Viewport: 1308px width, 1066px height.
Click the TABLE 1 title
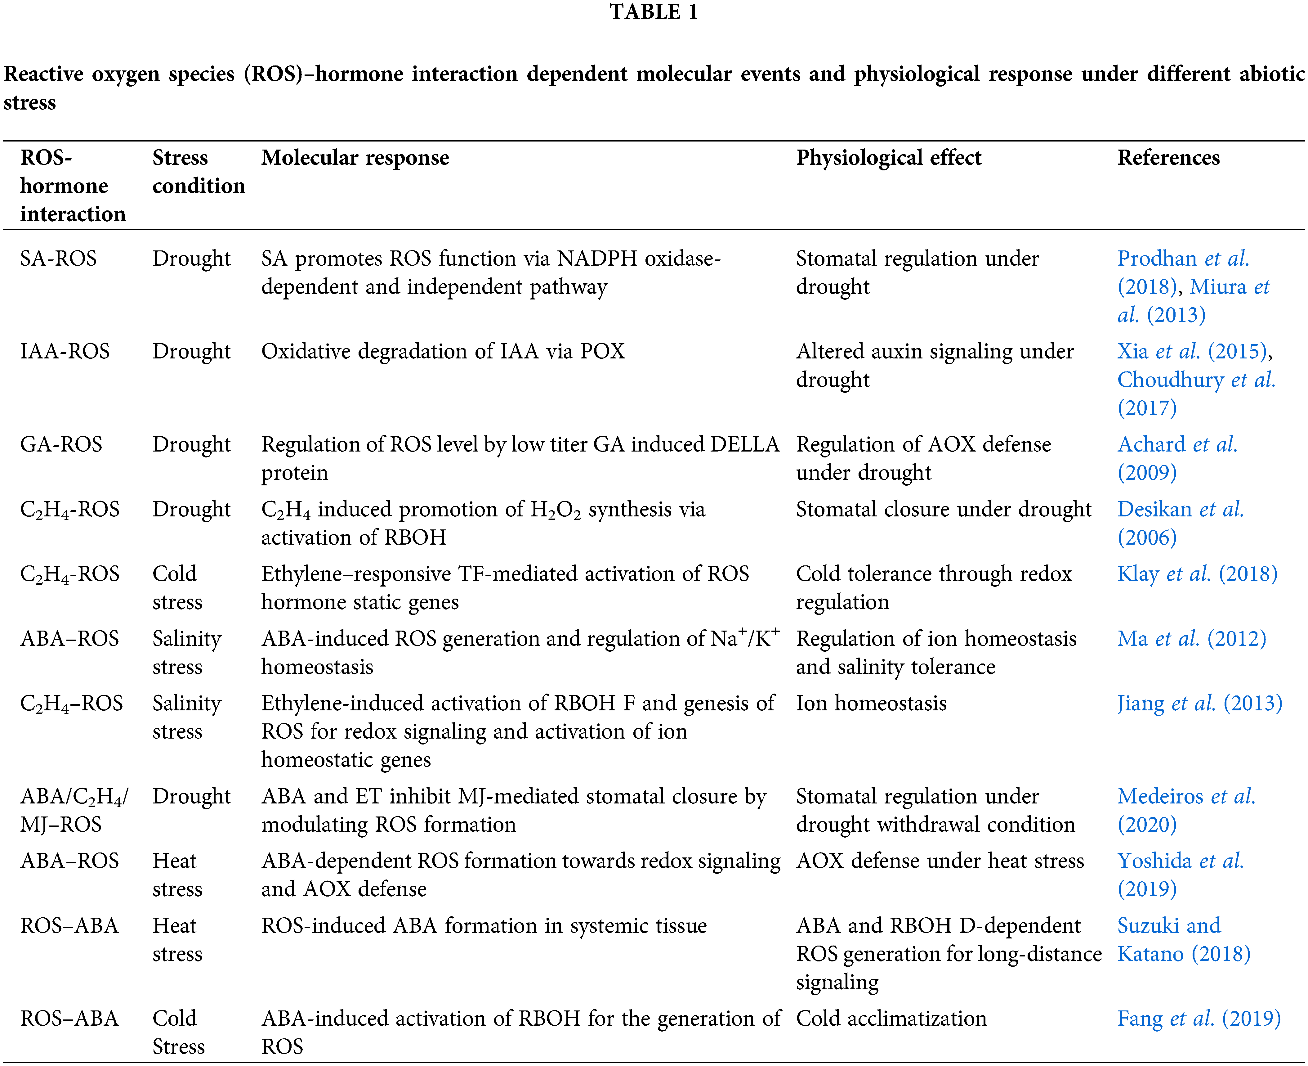click(654, 12)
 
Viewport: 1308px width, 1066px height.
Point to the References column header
click(1168, 158)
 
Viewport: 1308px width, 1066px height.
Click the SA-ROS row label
click(58, 259)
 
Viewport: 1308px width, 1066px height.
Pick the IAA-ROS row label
click(65, 351)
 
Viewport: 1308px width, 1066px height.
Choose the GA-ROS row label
click(61, 444)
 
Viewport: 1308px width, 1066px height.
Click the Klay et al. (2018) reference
click(1197, 573)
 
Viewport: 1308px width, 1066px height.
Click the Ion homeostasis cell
click(871, 703)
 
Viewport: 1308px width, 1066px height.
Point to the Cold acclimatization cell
click(891, 1018)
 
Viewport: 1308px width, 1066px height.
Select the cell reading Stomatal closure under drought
click(944, 509)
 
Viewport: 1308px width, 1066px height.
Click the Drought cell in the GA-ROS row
click(191, 444)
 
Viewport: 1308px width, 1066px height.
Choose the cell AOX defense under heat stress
click(940, 861)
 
